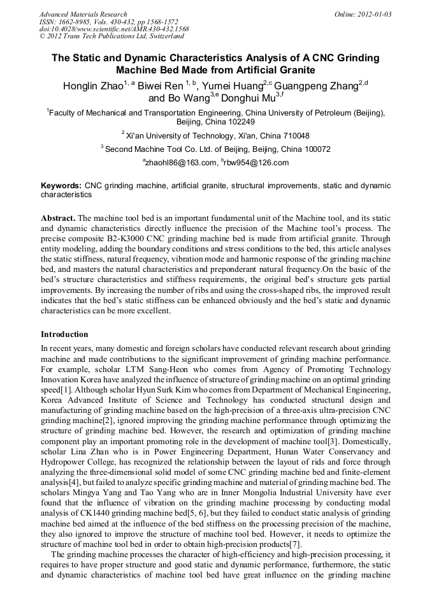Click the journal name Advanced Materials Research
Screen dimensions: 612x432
tap(83, 13)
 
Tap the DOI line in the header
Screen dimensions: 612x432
tap(114, 29)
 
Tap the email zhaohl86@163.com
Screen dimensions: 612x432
tap(181, 163)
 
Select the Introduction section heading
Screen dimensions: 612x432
tap(64, 334)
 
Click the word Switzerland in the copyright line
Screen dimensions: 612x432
tap(162, 36)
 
